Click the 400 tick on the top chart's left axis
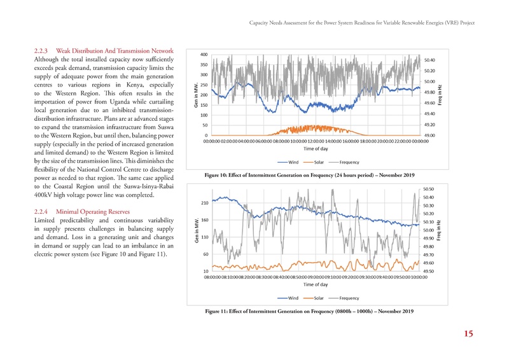[x=202, y=54]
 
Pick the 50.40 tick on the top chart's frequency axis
[x=429, y=60]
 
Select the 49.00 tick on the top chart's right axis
[x=429, y=135]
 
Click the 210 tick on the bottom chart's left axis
[x=205, y=203]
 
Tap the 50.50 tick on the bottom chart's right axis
[x=429, y=189]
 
